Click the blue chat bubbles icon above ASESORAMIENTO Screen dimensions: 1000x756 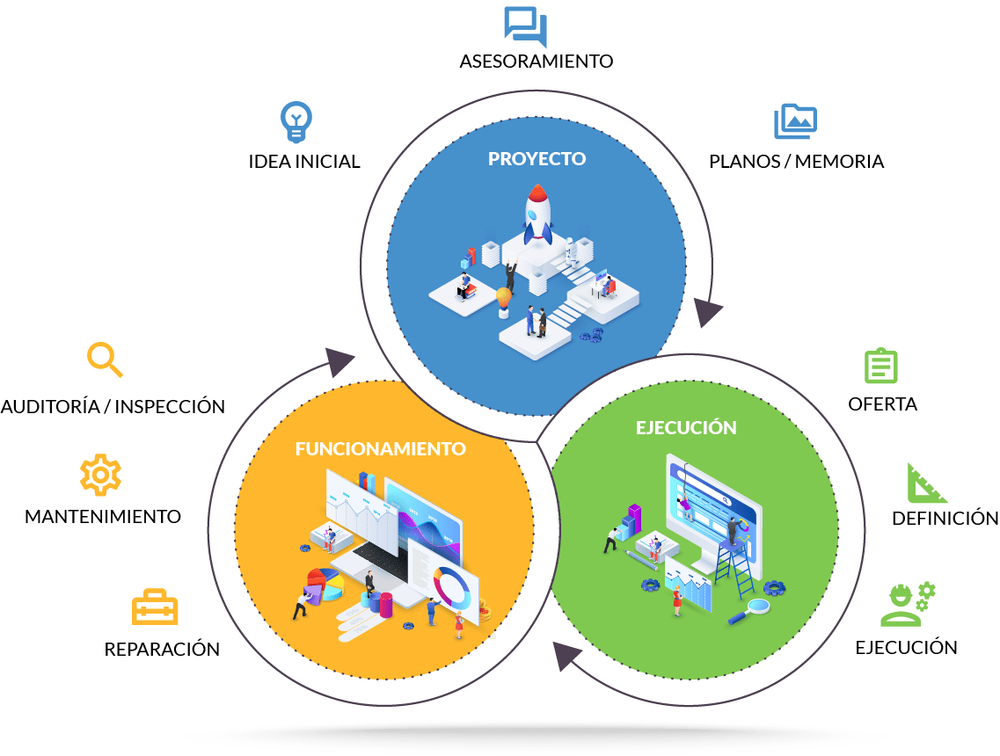(x=526, y=26)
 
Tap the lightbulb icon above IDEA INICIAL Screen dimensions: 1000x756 (x=296, y=121)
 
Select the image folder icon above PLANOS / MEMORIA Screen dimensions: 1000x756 (x=795, y=121)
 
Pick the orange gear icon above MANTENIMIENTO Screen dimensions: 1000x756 (x=100, y=475)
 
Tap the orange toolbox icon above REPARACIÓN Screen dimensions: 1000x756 (x=154, y=607)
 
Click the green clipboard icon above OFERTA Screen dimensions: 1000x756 (x=880, y=366)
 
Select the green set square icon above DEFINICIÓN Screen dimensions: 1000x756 (x=925, y=483)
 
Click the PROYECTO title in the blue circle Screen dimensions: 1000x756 (x=537, y=159)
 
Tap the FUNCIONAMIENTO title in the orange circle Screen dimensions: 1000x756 (x=380, y=448)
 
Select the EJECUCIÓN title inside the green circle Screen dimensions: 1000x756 (x=686, y=428)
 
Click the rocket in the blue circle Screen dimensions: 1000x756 (x=537, y=214)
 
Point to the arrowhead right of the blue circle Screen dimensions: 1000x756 (x=706, y=312)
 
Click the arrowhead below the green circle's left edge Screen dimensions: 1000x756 (x=566, y=656)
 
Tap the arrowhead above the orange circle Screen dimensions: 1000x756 (x=339, y=363)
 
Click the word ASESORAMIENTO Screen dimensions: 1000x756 (x=536, y=62)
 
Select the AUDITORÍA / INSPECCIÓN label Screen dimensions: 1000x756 (x=113, y=407)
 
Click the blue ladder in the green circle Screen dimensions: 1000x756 (x=735, y=567)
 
